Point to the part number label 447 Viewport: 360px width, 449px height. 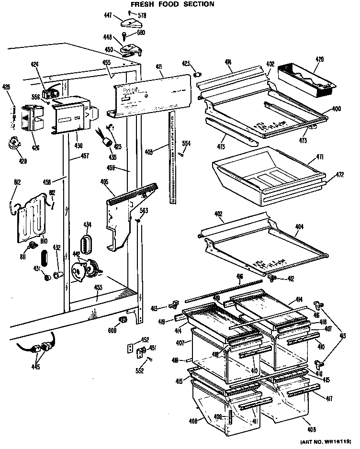click(x=109, y=16)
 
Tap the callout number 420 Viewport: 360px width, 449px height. click(x=320, y=59)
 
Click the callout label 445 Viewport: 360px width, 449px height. click(x=35, y=368)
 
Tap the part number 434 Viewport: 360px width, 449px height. click(x=87, y=224)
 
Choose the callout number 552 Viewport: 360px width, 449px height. click(x=139, y=370)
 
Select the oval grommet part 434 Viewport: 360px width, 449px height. click(x=87, y=244)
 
